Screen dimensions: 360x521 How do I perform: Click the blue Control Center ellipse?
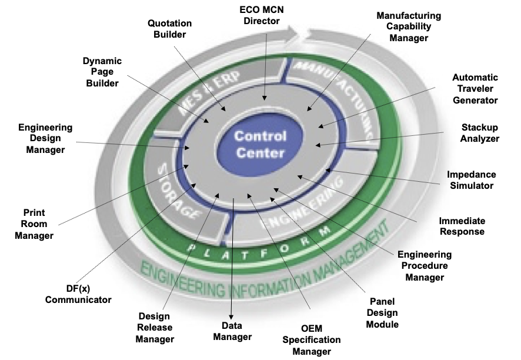[260, 145]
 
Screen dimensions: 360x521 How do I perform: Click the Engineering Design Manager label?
[45, 138]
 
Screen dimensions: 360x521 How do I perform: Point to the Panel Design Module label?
[382, 312]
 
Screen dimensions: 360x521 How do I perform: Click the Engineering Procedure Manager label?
[425, 266]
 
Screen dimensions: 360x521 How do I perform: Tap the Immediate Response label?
[462, 226]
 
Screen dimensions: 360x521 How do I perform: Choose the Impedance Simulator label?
[471, 180]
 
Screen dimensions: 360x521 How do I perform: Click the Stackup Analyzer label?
[480, 133]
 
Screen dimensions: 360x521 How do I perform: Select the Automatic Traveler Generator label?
[475, 89]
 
